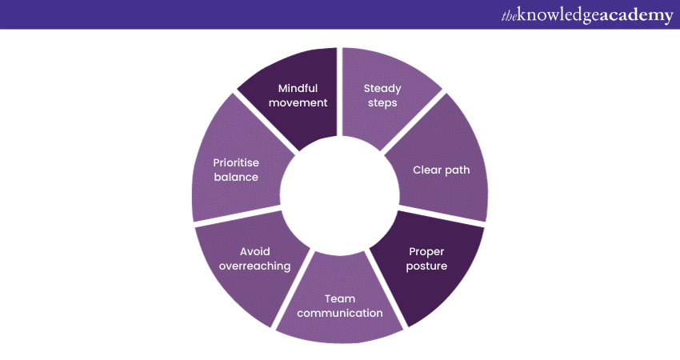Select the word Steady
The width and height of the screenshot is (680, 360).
pos(382,88)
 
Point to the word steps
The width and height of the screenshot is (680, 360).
pos(382,102)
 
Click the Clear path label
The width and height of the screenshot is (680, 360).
pos(440,170)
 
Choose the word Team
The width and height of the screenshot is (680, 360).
pos(339,298)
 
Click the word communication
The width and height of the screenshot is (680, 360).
pos(339,313)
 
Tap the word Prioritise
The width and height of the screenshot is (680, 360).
pos(236,162)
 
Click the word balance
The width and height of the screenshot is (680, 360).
pos(236,177)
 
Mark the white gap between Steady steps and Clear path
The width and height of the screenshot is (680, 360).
pos(416,120)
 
